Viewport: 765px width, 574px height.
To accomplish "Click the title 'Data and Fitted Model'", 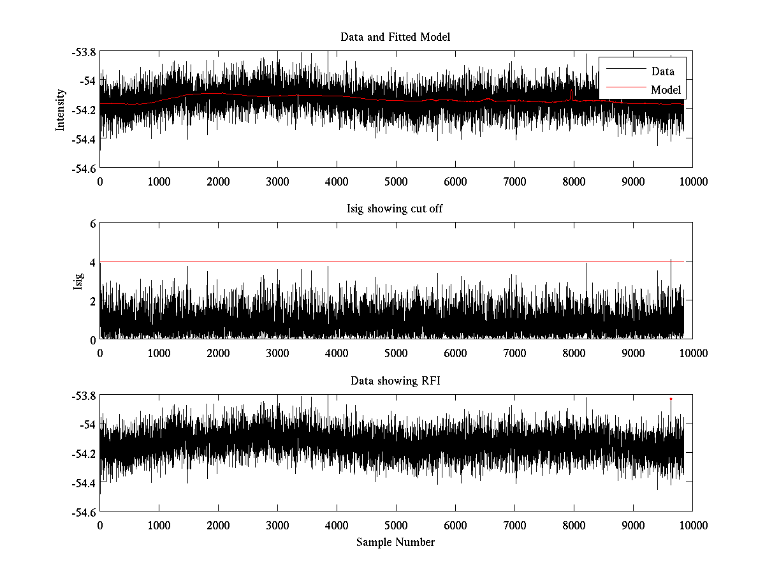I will click(395, 37).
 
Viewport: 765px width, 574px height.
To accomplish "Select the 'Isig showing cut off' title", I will click(395, 209).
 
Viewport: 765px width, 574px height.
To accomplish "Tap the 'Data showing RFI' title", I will click(395, 381).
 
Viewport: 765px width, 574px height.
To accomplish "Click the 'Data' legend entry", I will click(662, 71).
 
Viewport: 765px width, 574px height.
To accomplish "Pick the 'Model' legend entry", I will click(666, 90).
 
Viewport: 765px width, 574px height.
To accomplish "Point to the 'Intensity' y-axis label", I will click(61, 109).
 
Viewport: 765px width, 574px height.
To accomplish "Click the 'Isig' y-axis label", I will click(78, 281).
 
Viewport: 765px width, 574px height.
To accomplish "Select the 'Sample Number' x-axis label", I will click(395, 542).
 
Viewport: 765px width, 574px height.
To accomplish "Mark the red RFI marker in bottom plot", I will click(671, 399).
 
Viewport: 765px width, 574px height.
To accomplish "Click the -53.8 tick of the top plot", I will click(83, 52).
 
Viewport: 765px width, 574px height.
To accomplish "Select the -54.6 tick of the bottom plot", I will click(83, 512).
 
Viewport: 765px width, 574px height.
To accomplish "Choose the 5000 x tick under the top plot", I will click(396, 182).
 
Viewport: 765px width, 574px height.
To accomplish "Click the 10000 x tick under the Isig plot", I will click(692, 353).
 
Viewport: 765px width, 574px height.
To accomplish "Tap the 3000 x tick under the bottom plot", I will click(277, 526).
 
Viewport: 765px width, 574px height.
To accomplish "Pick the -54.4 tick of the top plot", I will click(83, 139).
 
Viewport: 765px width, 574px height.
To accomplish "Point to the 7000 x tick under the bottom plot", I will click(514, 526).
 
